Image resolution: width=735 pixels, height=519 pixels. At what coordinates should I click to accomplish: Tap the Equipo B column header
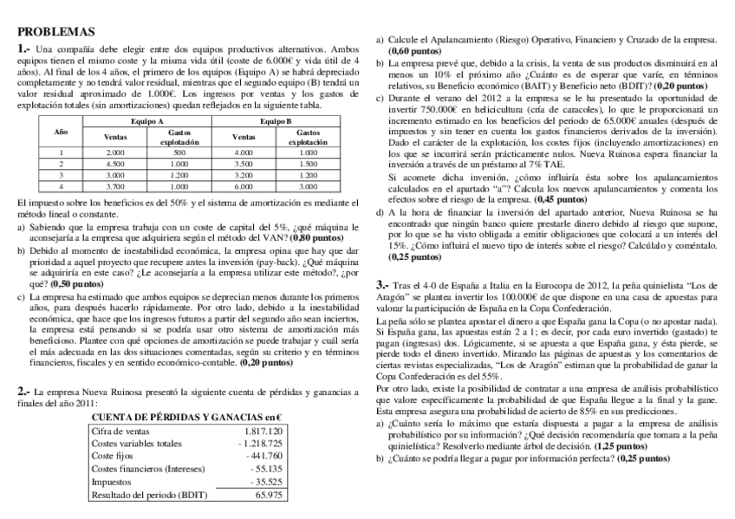click(276, 120)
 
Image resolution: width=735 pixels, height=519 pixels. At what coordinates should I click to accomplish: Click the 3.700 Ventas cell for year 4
click(115, 185)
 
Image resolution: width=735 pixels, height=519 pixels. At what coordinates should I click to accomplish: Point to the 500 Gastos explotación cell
click(179, 151)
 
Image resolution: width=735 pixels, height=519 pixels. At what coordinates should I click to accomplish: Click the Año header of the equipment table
click(61, 132)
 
